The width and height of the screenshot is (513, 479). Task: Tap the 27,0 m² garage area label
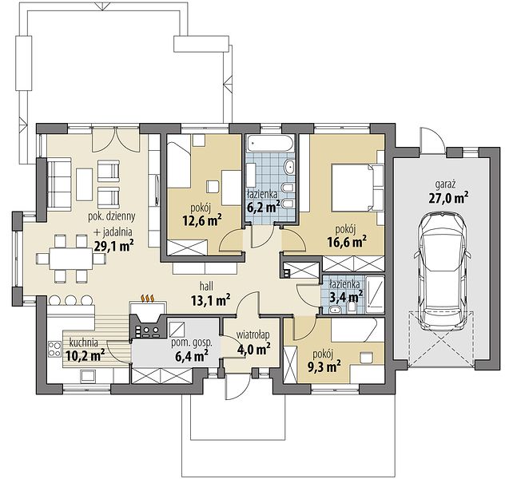(448, 198)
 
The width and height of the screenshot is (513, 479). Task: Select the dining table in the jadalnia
(70, 259)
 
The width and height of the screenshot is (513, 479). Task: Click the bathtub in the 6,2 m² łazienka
(271, 144)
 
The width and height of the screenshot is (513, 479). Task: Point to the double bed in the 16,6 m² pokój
(356, 188)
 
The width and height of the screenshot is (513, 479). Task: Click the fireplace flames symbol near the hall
(148, 299)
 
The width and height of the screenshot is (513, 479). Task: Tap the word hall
(206, 287)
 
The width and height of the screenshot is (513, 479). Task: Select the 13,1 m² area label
(210, 300)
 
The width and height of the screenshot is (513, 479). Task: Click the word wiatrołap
(253, 335)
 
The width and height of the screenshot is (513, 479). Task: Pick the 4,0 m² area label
(253, 349)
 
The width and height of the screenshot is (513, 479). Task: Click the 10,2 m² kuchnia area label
(85, 355)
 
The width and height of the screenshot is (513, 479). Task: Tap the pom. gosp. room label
(192, 343)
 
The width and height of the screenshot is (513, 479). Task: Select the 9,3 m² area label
(324, 366)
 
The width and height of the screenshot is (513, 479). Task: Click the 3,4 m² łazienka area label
(346, 297)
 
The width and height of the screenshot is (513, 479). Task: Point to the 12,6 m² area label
(202, 221)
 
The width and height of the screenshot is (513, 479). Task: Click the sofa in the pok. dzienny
(60, 183)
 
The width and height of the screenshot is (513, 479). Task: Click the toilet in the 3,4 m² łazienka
(352, 306)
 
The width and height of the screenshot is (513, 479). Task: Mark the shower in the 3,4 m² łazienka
(375, 293)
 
